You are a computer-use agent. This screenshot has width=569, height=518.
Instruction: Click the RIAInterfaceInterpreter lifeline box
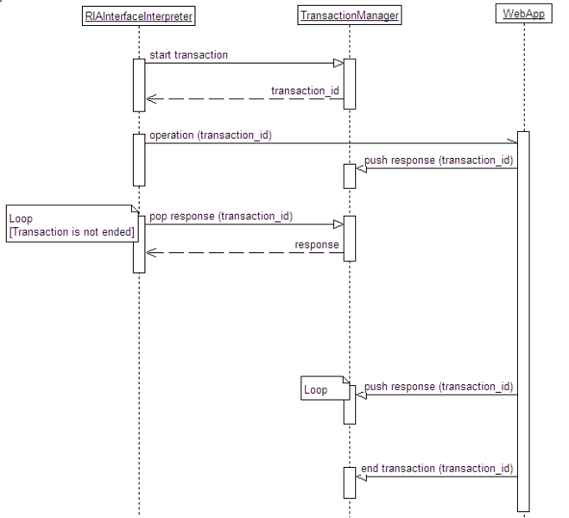pos(139,15)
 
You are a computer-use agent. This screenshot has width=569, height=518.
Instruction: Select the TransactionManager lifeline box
pos(350,15)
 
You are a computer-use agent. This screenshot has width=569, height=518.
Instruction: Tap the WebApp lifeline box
pos(522,15)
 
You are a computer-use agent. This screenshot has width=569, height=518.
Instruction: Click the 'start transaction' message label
pos(189,54)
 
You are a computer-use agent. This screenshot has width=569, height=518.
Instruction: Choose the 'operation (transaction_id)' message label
pos(211,135)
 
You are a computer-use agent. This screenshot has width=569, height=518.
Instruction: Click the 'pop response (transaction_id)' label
pos(220,215)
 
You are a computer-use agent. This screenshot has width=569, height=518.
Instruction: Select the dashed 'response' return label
pos(317,244)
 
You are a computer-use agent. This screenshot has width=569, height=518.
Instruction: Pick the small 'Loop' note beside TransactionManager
pos(320,390)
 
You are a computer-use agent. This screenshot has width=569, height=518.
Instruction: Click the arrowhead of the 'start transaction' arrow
pos(339,63)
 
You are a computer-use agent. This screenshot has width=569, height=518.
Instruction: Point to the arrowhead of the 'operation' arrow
pos(511,143)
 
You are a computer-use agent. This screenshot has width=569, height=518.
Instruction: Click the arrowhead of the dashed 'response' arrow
pos(150,253)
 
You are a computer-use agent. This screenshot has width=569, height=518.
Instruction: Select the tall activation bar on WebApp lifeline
pos(523,319)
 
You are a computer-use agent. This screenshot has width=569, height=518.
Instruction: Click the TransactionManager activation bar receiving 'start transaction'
pos(350,83)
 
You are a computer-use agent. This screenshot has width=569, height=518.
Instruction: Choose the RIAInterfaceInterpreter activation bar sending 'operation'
pos(139,159)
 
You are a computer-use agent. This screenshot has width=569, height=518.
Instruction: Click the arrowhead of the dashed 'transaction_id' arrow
pos(150,98)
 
